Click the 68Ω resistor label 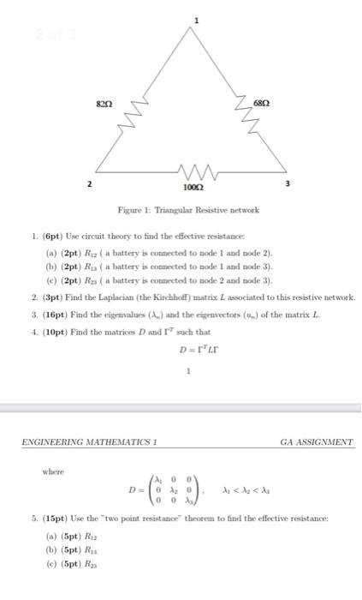point(264,103)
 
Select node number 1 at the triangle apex point(196,19)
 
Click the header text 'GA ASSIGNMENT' point(316,442)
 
